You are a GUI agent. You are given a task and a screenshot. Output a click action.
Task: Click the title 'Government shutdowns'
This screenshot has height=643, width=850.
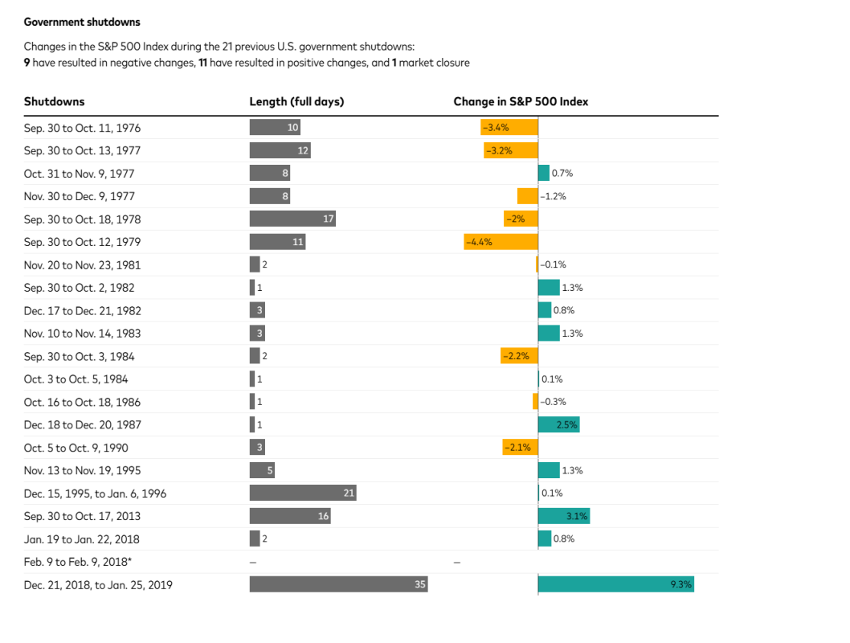pyautogui.click(x=82, y=22)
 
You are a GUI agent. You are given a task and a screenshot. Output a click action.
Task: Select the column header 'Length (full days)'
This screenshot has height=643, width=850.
pyautogui.click(x=296, y=101)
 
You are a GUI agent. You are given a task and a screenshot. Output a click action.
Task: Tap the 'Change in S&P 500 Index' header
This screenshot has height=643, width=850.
pyautogui.click(x=521, y=101)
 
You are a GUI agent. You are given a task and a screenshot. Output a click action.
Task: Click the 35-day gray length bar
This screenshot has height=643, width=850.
pyautogui.click(x=338, y=584)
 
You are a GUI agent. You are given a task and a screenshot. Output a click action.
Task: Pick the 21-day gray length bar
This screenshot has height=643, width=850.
pyautogui.click(x=302, y=493)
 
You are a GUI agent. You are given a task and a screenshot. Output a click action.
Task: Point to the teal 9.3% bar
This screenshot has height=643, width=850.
pyautogui.click(x=615, y=584)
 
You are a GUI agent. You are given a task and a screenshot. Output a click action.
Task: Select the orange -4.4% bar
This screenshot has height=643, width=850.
pyautogui.click(x=501, y=241)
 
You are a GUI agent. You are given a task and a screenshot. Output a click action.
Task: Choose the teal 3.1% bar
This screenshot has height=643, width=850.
pyautogui.click(x=563, y=516)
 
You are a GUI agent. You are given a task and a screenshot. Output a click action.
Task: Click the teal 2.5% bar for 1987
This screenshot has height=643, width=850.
pyautogui.click(x=558, y=424)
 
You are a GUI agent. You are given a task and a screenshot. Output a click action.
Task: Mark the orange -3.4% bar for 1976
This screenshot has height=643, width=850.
pyautogui.click(x=509, y=127)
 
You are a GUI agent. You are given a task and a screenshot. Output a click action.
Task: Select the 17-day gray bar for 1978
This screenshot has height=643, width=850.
pyautogui.click(x=292, y=219)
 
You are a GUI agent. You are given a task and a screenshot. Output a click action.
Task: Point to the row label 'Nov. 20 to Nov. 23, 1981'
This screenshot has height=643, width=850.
pyautogui.click(x=82, y=264)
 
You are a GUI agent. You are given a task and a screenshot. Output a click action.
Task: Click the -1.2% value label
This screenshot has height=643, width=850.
pyautogui.click(x=554, y=196)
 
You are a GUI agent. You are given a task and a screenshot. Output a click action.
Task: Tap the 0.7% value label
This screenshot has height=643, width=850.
pyautogui.click(x=562, y=173)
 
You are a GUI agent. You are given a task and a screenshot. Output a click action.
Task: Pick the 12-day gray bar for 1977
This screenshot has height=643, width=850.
pyautogui.click(x=280, y=150)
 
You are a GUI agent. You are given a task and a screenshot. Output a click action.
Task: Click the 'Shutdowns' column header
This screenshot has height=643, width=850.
pyautogui.click(x=54, y=101)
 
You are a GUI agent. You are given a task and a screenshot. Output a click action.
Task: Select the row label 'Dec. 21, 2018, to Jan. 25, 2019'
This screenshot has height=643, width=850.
pyautogui.click(x=98, y=584)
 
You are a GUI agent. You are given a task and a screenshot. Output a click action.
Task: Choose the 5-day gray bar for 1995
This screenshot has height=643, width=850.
pyautogui.click(x=262, y=470)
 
